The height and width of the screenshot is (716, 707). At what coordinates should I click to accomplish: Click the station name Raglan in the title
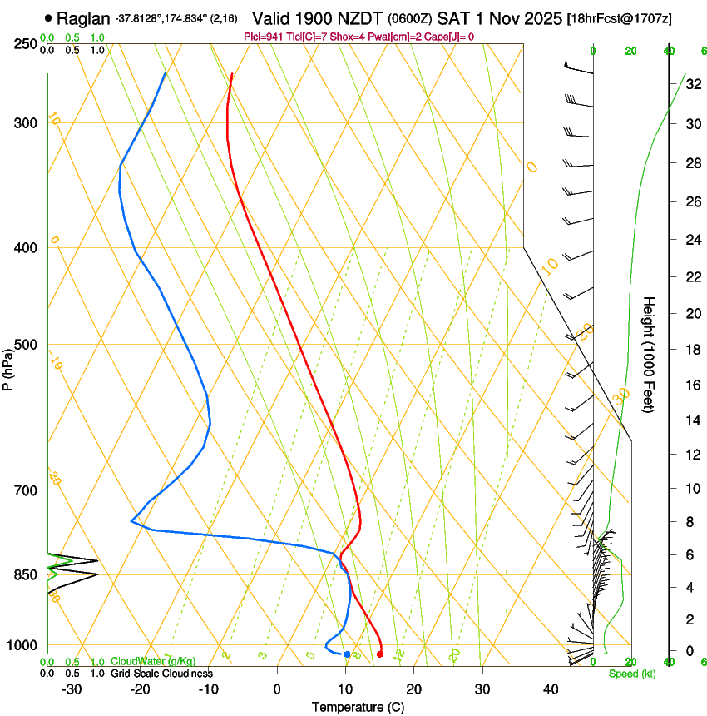(82, 17)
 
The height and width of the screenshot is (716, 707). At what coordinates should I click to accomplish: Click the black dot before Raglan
(48, 17)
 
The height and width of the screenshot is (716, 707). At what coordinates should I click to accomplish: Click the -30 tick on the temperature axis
(72, 689)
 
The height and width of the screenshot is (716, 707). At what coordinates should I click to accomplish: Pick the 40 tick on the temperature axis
(550, 689)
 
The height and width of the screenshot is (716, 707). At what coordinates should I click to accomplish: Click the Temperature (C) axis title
(358, 707)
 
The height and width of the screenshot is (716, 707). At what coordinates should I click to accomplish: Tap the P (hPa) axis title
(8, 367)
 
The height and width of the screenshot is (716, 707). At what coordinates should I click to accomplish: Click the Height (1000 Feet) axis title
(649, 354)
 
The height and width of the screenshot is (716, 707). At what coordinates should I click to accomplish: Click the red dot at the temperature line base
(379, 654)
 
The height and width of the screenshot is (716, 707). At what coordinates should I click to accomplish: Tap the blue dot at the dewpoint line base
(347, 654)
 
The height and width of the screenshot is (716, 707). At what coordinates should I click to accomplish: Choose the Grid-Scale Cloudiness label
(161, 674)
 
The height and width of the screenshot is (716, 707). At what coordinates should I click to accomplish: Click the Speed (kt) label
(631, 674)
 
